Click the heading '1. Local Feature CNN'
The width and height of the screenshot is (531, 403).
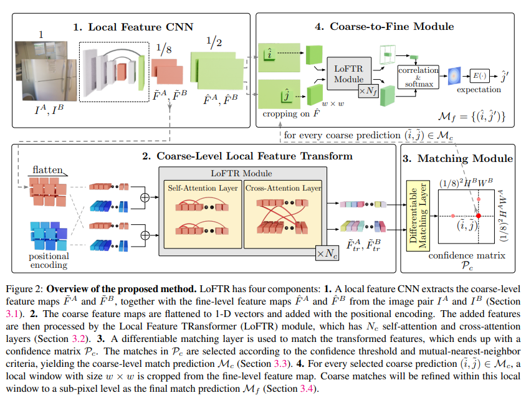(133, 27)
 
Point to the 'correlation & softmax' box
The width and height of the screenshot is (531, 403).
(418, 77)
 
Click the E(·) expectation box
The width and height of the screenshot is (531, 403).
(479, 75)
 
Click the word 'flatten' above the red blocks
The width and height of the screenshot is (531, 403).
(48, 170)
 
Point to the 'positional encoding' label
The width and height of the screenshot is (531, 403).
(49, 260)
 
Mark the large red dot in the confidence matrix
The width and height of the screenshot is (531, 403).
(478, 215)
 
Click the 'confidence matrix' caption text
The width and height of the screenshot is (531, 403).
(465, 255)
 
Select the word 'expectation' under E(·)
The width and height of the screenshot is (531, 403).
(479, 89)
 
